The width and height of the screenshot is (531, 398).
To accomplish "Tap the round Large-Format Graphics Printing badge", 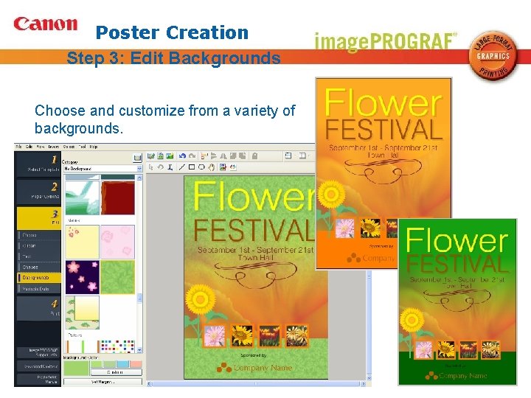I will tap(493, 56).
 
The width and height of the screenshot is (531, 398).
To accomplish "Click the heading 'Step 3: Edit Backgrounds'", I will tap(173, 57).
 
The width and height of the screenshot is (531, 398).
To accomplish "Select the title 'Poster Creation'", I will tap(173, 32).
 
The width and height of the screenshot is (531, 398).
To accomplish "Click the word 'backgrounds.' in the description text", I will tap(79, 128).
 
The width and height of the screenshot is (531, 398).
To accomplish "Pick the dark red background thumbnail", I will tap(117, 198).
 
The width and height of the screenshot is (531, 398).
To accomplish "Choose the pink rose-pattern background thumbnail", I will tap(117, 242).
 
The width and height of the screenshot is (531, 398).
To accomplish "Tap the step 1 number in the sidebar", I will tap(53, 159).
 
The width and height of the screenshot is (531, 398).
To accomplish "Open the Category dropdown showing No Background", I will tap(102, 169).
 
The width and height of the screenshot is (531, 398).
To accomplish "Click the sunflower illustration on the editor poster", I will tap(200, 300).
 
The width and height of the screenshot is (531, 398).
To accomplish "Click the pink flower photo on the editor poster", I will tap(214, 336).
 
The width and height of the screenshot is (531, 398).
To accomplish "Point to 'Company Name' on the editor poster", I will tap(263, 368).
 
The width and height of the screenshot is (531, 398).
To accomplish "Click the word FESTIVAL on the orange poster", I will tap(383, 130).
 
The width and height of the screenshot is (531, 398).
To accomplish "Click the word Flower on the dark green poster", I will tap(457, 240).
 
